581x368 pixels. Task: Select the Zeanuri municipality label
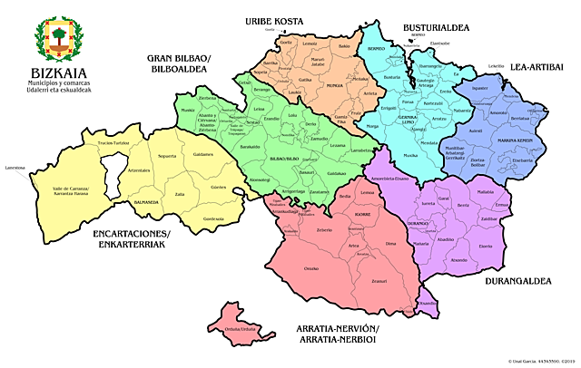pyautogui.click(x=379, y=282)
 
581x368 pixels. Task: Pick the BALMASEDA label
pyautogui.click(x=147, y=201)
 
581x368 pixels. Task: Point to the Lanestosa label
pyautogui.click(x=15, y=168)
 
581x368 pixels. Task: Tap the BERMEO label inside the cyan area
pyautogui.click(x=376, y=46)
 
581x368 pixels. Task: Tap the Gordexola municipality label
pyautogui.click(x=214, y=218)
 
